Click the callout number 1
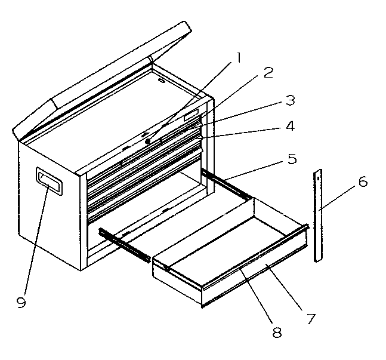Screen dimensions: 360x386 point(238,58)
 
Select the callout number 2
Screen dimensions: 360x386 point(268,73)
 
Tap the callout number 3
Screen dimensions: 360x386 point(290,100)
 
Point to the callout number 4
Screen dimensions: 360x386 point(289,127)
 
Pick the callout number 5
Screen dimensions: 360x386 point(291,159)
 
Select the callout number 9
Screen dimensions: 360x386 point(21,303)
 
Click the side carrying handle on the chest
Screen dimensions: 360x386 point(49,181)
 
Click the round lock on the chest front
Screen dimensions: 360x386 point(147,141)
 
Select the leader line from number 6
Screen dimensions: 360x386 point(340,195)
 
